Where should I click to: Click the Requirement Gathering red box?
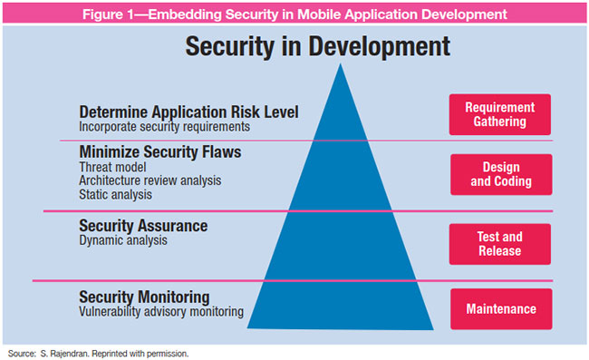(x=499, y=114)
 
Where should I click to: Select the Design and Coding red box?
(x=501, y=174)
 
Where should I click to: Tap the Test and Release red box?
(x=500, y=244)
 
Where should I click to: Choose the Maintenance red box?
(x=500, y=309)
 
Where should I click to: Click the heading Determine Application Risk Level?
(x=188, y=112)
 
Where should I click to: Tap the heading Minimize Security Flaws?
(x=159, y=152)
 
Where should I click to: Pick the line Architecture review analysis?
(x=150, y=180)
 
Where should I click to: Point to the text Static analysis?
(x=115, y=194)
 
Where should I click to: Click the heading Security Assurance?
(x=143, y=225)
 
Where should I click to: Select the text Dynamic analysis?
(x=122, y=240)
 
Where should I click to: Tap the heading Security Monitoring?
(x=144, y=297)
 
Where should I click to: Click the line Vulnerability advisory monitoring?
(x=161, y=312)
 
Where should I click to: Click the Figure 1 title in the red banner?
(x=294, y=14)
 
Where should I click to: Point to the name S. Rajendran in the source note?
(x=65, y=352)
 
